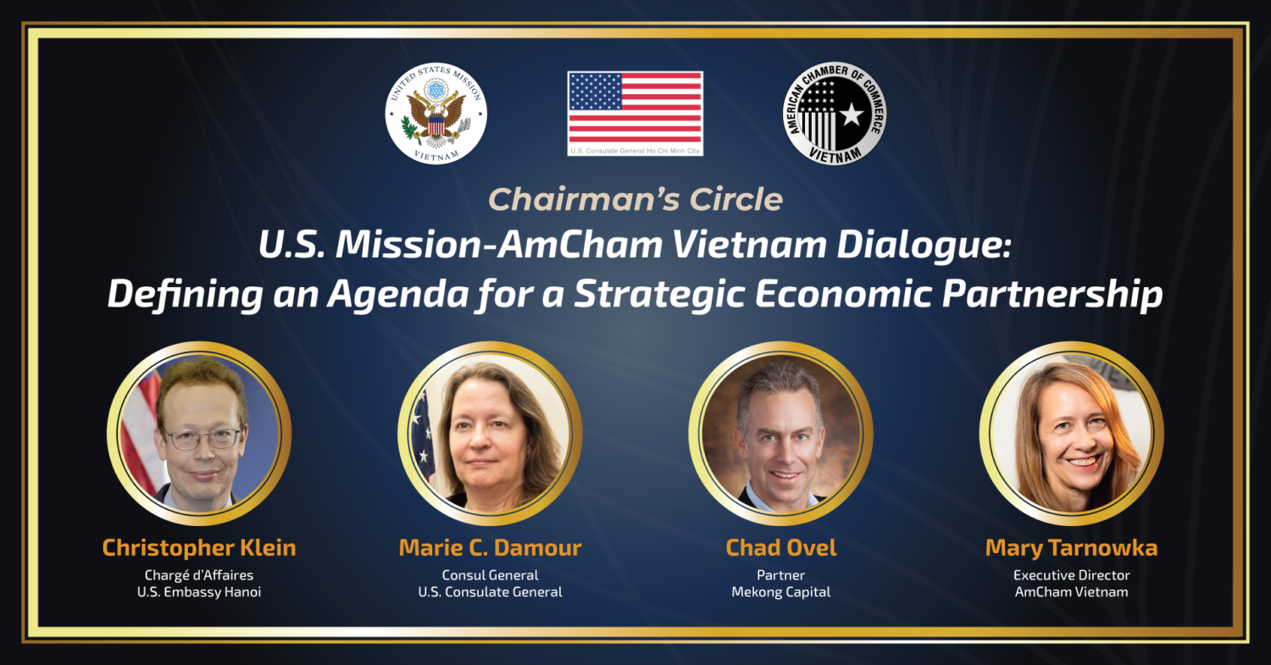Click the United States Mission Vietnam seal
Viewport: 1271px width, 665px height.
tap(436, 114)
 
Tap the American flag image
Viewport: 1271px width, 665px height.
tap(635, 108)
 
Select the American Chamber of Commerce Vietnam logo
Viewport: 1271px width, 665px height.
tap(835, 114)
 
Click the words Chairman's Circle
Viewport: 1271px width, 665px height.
tap(635, 199)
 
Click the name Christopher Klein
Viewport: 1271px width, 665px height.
tap(199, 547)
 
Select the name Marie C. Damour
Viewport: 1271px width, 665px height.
tap(491, 547)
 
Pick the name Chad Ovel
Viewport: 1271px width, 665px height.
tap(780, 547)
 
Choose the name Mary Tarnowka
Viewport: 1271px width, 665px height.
tap(1071, 547)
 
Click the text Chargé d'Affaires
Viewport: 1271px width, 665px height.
tap(199, 575)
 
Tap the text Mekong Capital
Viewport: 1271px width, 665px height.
tap(780, 592)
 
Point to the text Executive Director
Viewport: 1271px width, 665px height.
tap(1071, 575)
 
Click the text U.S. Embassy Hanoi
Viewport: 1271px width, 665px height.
tap(199, 592)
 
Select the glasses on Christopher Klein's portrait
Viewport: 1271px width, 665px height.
tap(203, 438)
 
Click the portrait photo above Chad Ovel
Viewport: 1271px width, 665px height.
tap(780, 433)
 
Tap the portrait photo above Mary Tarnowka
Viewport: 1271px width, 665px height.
tap(1071, 433)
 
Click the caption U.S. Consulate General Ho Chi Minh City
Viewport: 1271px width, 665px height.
tap(635, 151)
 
